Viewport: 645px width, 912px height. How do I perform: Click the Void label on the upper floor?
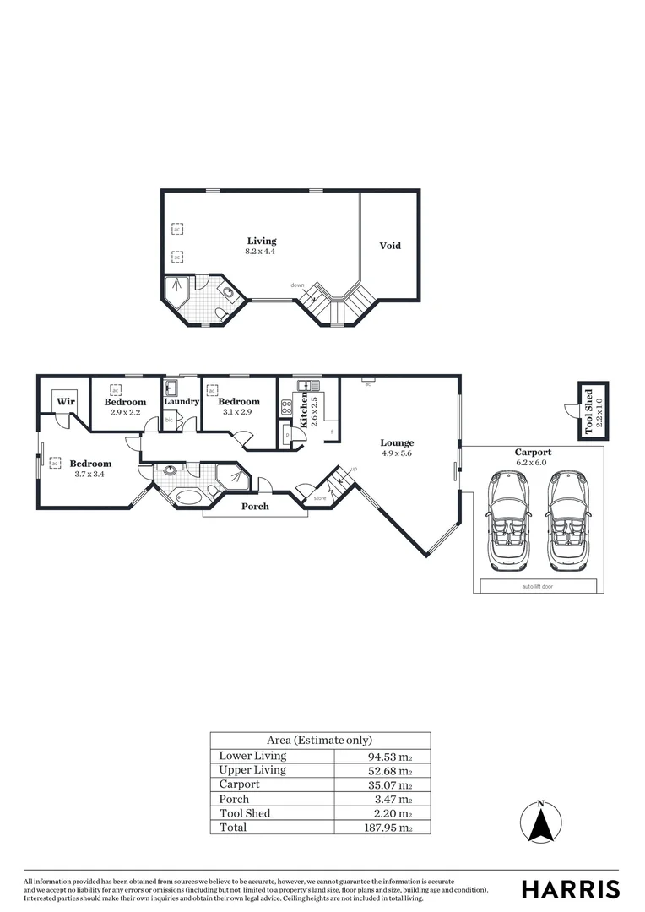389,246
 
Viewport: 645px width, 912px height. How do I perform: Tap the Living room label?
262,242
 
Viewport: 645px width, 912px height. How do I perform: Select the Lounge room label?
396,442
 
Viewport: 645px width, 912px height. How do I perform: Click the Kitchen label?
305,409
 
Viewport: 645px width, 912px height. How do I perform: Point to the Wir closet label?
66,402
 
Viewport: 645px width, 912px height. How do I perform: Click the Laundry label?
182,402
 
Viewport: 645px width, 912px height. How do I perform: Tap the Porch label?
255,507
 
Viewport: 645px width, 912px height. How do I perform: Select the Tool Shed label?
588,410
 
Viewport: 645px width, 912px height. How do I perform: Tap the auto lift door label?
539,586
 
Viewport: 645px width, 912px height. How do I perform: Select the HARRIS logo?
570,889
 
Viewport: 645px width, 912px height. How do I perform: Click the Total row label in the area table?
233,828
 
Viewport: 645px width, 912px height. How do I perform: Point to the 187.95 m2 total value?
382,828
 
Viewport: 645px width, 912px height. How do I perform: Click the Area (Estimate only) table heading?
320,740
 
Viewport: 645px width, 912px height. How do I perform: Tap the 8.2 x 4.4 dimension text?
262,252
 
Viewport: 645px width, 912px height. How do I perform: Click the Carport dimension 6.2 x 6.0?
533,462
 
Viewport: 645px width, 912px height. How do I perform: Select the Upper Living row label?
252,770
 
